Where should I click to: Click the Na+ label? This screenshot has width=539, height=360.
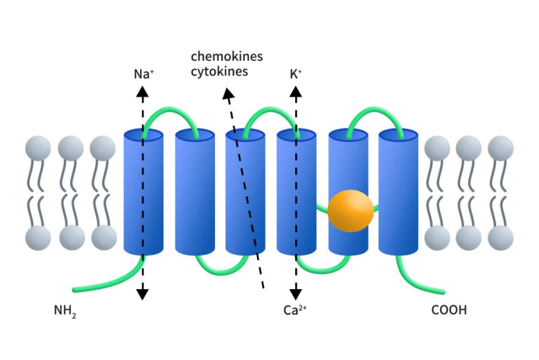[x=143, y=75]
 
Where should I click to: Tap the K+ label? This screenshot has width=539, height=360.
[x=295, y=75]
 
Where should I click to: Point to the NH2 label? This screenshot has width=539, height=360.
[x=65, y=311]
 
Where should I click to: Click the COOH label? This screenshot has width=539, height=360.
[x=449, y=310]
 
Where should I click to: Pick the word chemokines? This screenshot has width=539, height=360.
[x=227, y=57]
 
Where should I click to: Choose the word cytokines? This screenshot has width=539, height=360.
[x=220, y=72]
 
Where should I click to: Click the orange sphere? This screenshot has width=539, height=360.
[x=351, y=210]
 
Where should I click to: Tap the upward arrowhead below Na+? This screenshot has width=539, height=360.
[x=143, y=92]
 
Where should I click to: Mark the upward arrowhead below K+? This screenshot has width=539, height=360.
[x=295, y=92]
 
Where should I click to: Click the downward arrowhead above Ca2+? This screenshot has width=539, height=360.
[x=295, y=294]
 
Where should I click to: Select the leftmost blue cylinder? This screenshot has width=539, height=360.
[x=143, y=192]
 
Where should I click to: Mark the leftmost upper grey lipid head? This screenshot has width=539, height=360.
[x=38, y=148]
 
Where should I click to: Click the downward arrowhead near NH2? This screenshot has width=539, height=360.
[x=143, y=294]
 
